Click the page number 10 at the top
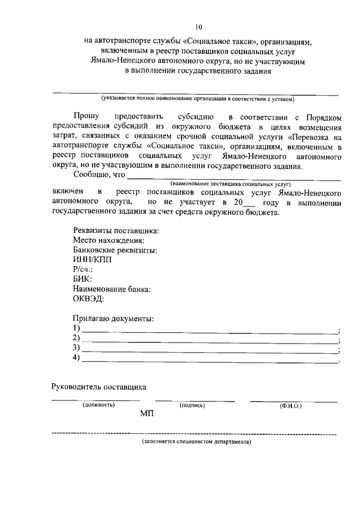(x=198, y=26)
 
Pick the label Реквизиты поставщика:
(x=116, y=231)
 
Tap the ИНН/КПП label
(x=92, y=260)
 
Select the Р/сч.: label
(x=83, y=269)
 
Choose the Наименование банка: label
(x=112, y=289)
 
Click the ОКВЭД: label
(x=88, y=298)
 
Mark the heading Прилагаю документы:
(x=113, y=318)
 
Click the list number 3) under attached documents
(x=77, y=348)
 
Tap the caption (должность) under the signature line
(x=98, y=405)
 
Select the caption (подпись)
(x=192, y=405)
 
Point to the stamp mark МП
(x=146, y=415)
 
